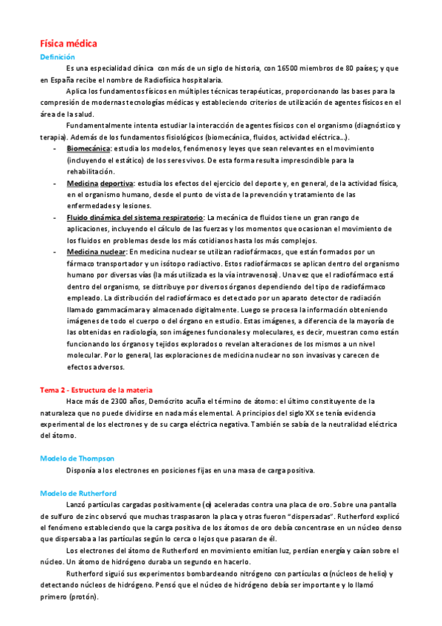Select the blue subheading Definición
[57, 57]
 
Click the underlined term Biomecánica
[88, 148]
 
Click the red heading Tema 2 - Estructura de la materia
[96, 390]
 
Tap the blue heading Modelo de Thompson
[77, 458]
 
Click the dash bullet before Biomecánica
[56, 148]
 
